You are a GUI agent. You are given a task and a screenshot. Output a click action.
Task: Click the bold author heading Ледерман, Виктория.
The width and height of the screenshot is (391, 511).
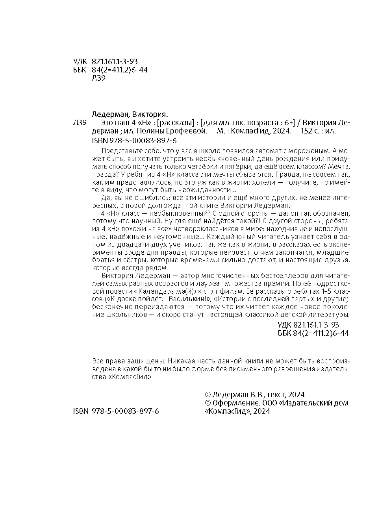[130, 114]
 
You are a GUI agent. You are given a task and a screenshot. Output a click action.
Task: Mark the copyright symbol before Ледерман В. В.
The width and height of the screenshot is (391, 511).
[208, 394]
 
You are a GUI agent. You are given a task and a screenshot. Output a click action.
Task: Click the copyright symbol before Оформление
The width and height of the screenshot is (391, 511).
[208, 403]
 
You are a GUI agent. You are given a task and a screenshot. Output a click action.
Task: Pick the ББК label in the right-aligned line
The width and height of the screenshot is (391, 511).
[284, 333]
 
